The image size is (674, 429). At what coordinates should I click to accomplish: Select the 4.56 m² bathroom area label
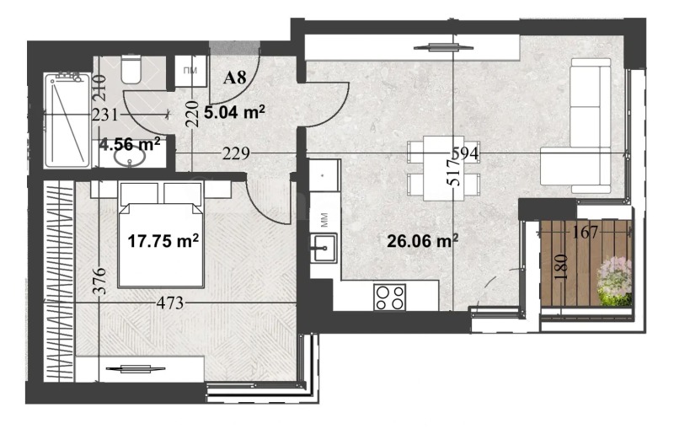click(130, 144)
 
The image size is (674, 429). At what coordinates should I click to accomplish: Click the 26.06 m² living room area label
click(422, 241)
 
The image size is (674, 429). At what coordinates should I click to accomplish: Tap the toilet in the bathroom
click(131, 69)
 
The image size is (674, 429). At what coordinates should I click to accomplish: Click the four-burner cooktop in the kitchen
click(390, 296)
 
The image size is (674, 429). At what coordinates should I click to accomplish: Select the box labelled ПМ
click(190, 70)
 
